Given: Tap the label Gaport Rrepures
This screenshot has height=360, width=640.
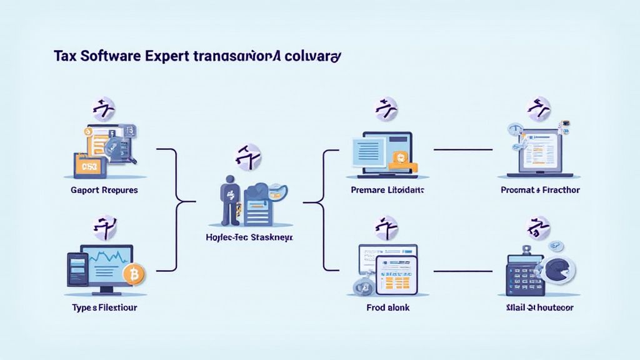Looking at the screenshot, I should (x=104, y=189).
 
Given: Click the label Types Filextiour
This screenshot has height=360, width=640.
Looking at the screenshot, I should (x=104, y=307).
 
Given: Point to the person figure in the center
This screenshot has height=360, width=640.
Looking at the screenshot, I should (x=229, y=200).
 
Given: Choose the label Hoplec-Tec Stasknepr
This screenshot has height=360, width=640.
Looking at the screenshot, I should (x=249, y=238).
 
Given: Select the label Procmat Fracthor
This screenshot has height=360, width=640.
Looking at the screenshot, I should (x=540, y=189).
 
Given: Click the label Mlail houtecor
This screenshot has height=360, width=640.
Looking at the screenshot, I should (x=540, y=307).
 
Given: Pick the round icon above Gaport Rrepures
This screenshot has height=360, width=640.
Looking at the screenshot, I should (x=103, y=109).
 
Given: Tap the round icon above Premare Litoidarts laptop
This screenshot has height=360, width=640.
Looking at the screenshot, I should (x=386, y=109).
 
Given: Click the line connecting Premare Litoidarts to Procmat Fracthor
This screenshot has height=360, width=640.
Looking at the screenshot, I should (x=462, y=150).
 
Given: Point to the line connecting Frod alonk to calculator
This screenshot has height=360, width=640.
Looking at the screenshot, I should (x=462, y=271).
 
